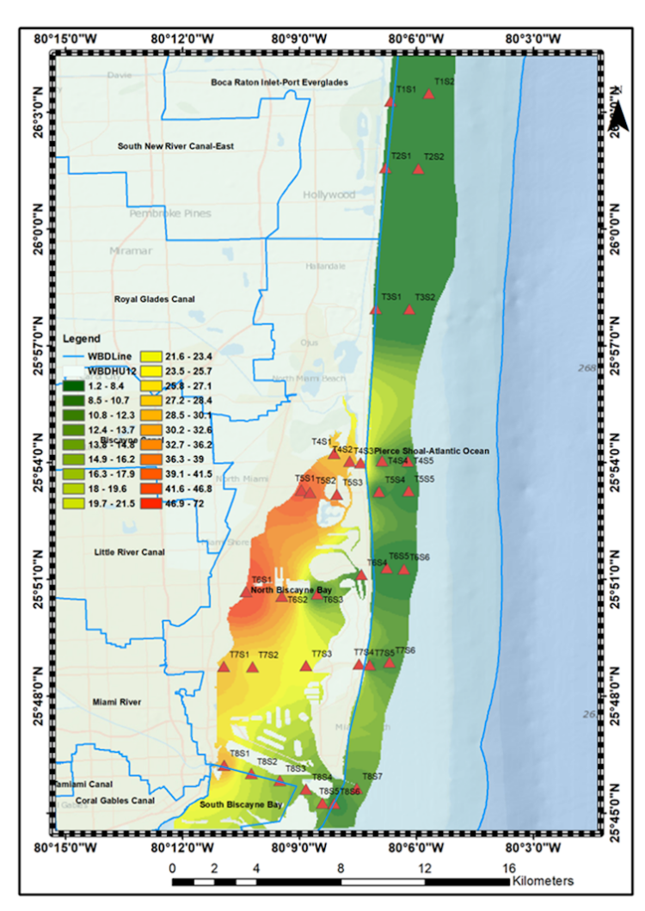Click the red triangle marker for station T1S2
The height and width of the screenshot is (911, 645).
(428, 94)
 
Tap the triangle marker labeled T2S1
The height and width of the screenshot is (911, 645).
(385, 168)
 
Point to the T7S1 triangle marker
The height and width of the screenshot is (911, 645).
(224, 667)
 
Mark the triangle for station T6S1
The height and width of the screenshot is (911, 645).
(247, 591)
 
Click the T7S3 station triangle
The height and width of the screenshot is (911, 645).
(305, 666)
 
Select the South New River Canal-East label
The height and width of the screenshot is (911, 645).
(175, 146)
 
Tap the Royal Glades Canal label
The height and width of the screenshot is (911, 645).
(155, 299)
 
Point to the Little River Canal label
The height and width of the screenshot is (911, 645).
(129, 552)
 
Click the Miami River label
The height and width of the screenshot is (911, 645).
(117, 703)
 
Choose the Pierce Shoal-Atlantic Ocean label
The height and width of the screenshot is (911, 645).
(431, 451)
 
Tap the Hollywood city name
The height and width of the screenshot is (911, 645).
(329, 195)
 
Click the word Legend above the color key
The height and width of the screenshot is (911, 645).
(82, 339)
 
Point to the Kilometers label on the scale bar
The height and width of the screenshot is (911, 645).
(543, 882)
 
